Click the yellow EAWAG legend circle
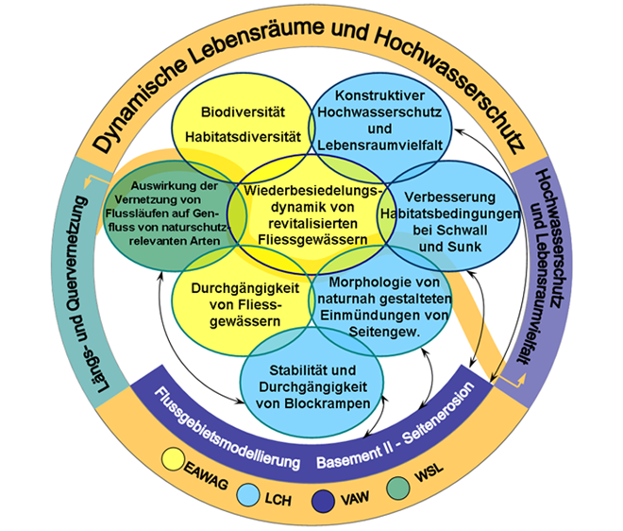(174, 460)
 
